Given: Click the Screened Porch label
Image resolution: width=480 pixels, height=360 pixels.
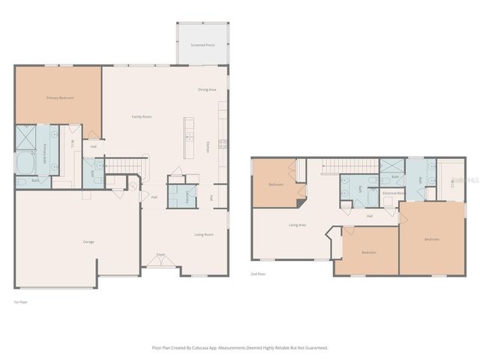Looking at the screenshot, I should click(x=202, y=45).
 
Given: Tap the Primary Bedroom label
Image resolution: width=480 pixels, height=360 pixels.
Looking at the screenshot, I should click(x=60, y=97).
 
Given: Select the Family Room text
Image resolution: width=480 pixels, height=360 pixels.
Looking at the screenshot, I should click(x=142, y=116).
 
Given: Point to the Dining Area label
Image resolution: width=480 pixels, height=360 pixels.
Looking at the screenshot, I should click(x=207, y=89).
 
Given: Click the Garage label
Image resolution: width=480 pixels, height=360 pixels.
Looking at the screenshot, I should click(x=88, y=241).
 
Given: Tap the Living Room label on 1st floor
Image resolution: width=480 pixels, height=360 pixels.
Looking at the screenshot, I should click(x=204, y=235).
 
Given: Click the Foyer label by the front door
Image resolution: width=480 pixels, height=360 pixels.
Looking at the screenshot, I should click(x=160, y=255).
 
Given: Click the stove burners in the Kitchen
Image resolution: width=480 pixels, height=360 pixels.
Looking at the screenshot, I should click(x=223, y=144).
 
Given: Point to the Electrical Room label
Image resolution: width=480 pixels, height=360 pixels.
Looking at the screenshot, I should click(x=393, y=193).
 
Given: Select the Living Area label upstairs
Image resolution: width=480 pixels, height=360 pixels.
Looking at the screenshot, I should click(x=297, y=225).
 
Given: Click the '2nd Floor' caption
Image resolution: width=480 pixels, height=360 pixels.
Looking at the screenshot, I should click(x=258, y=274).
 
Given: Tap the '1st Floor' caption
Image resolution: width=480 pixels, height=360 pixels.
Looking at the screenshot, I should click(x=21, y=302).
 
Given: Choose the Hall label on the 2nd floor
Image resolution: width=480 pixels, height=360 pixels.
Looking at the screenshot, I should click(x=370, y=216).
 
